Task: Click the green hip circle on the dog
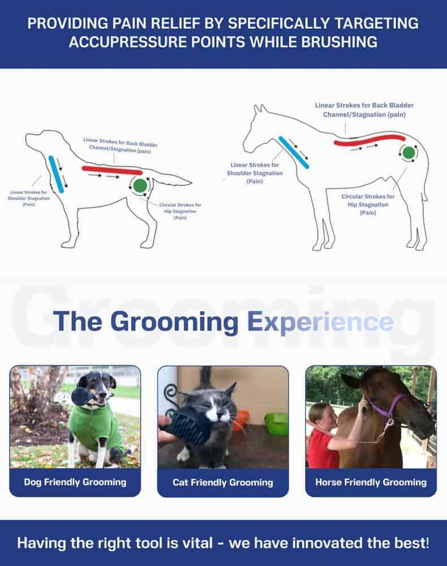coord(140,186)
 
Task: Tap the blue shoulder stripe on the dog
coord(56,174)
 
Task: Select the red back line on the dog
coord(112,170)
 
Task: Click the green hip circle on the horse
coord(409,153)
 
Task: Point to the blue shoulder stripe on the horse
coord(294,153)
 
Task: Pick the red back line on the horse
coord(369,140)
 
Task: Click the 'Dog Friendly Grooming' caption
coord(75,482)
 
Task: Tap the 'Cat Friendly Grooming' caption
coord(223,482)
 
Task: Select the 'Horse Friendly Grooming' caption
coord(371,482)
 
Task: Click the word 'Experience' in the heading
coord(321,321)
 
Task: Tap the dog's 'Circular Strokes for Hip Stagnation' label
coord(180,211)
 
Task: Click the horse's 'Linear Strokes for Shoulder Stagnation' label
coord(255,173)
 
